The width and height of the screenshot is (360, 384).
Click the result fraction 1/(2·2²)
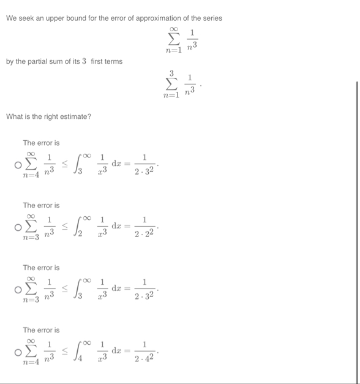click(144, 225)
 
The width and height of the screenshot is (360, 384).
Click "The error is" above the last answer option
click(41, 330)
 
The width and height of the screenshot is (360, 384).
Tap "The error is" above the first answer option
click(41, 143)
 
